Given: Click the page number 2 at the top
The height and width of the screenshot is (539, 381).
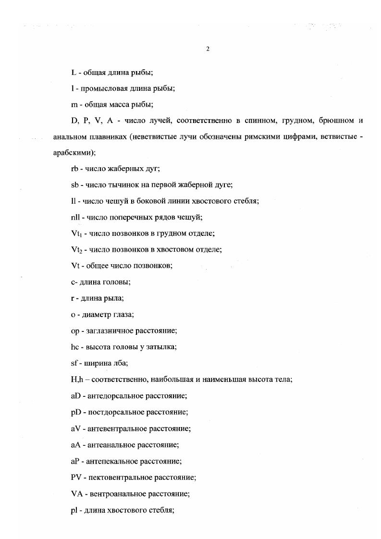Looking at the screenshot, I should [x=208, y=49].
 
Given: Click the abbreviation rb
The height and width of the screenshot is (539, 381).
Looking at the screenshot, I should [x=74, y=169].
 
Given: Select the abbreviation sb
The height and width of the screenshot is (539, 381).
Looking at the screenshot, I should [x=74, y=185].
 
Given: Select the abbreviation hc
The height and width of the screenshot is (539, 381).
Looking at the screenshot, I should [x=74, y=347].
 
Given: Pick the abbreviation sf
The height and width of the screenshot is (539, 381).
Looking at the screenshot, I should [x=74, y=363].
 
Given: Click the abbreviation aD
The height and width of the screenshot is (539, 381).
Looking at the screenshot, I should [x=75, y=396].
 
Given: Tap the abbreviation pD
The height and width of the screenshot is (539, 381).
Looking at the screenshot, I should [x=75, y=412].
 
